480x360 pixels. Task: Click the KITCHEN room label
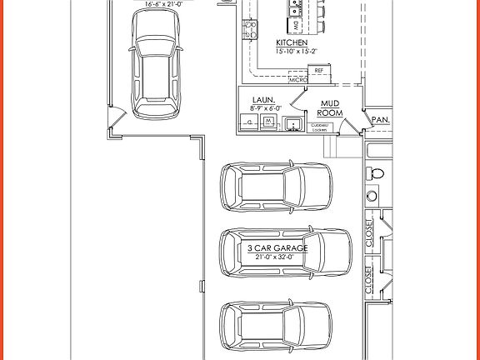click(x=292, y=42)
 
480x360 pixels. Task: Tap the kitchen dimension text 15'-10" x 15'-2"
click(x=292, y=51)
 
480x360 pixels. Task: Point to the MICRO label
click(x=298, y=80)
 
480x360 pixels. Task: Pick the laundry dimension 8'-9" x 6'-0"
click(x=267, y=107)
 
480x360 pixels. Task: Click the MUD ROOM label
click(x=331, y=107)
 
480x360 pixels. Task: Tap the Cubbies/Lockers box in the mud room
click(x=321, y=127)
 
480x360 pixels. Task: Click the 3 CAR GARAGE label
click(x=277, y=248)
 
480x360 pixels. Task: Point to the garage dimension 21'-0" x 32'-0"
click(x=277, y=257)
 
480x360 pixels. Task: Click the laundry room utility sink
click(x=292, y=125)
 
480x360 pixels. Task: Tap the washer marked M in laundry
click(x=268, y=122)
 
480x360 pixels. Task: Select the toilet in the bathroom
click(x=375, y=174)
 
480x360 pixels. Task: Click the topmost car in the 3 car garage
click(x=275, y=185)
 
